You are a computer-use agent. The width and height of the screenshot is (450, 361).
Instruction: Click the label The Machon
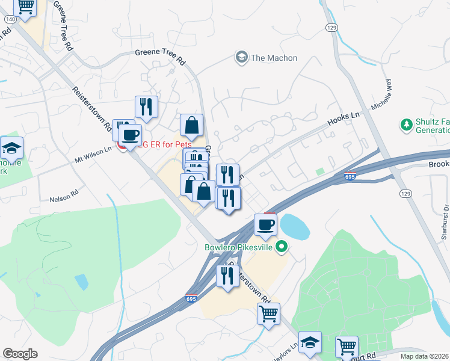(274, 58)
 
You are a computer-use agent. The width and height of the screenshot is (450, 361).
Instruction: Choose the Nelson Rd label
(64, 197)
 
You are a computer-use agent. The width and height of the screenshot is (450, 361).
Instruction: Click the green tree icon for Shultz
(406, 125)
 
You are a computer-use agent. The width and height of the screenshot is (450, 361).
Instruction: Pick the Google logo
(20, 354)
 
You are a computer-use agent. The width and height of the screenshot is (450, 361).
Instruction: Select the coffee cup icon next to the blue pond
(265, 225)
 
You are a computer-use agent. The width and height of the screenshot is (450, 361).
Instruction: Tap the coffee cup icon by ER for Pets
(130, 135)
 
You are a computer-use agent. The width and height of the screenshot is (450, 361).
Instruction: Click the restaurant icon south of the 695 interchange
(227, 276)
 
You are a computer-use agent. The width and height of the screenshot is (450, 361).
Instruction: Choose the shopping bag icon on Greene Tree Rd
(191, 126)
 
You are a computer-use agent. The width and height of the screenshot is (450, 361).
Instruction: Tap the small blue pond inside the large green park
(81, 282)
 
